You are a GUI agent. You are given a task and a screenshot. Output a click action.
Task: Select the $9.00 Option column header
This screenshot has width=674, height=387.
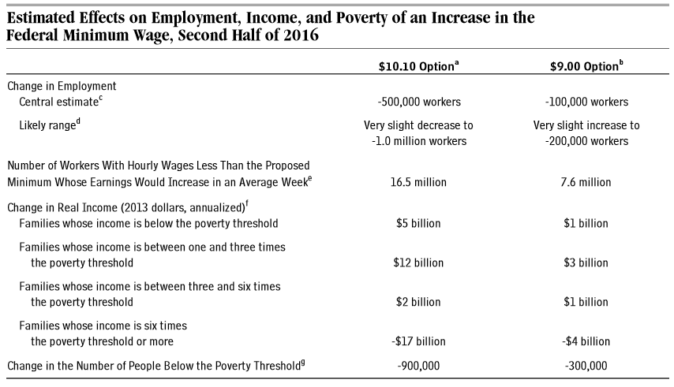pyautogui.click(x=585, y=67)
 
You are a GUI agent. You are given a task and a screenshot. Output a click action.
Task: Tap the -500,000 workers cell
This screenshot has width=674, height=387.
pyautogui.click(x=419, y=102)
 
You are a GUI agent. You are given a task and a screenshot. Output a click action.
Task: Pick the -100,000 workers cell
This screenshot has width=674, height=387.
pyautogui.click(x=586, y=102)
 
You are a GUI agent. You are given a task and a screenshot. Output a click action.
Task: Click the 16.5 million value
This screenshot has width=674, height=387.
pyautogui.click(x=419, y=182)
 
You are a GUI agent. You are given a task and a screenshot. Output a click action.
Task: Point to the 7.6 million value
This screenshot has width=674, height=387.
pyautogui.click(x=586, y=182)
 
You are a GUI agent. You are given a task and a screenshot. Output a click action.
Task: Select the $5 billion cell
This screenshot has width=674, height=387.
pyautogui.click(x=419, y=223)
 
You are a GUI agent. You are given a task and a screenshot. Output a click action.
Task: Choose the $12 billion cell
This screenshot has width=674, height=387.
pyautogui.click(x=419, y=262)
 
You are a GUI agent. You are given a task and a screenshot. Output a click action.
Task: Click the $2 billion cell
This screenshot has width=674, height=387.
pyautogui.click(x=419, y=302)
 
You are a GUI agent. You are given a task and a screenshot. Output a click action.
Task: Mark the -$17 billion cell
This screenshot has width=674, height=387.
pyautogui.click(x=419, y=341)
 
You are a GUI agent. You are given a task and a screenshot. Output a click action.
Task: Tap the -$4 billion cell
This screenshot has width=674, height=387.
pyautogui.click(x=586, y=341)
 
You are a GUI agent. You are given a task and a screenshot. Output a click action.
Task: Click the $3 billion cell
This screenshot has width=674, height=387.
pyautogui.click(x=586, y=262)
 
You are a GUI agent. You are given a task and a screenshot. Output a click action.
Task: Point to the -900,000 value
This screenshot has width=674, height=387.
pyautogui.click(x=419, y=366)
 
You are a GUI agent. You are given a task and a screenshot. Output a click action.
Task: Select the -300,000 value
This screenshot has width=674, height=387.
pyautogui.click(x=586, y=366)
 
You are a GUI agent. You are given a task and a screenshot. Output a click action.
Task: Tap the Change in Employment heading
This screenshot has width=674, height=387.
pyautogui.click(x=62, y=85)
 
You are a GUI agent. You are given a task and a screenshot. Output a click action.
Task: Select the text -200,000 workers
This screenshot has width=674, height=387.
pyautogui.click(x=586, y=141)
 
